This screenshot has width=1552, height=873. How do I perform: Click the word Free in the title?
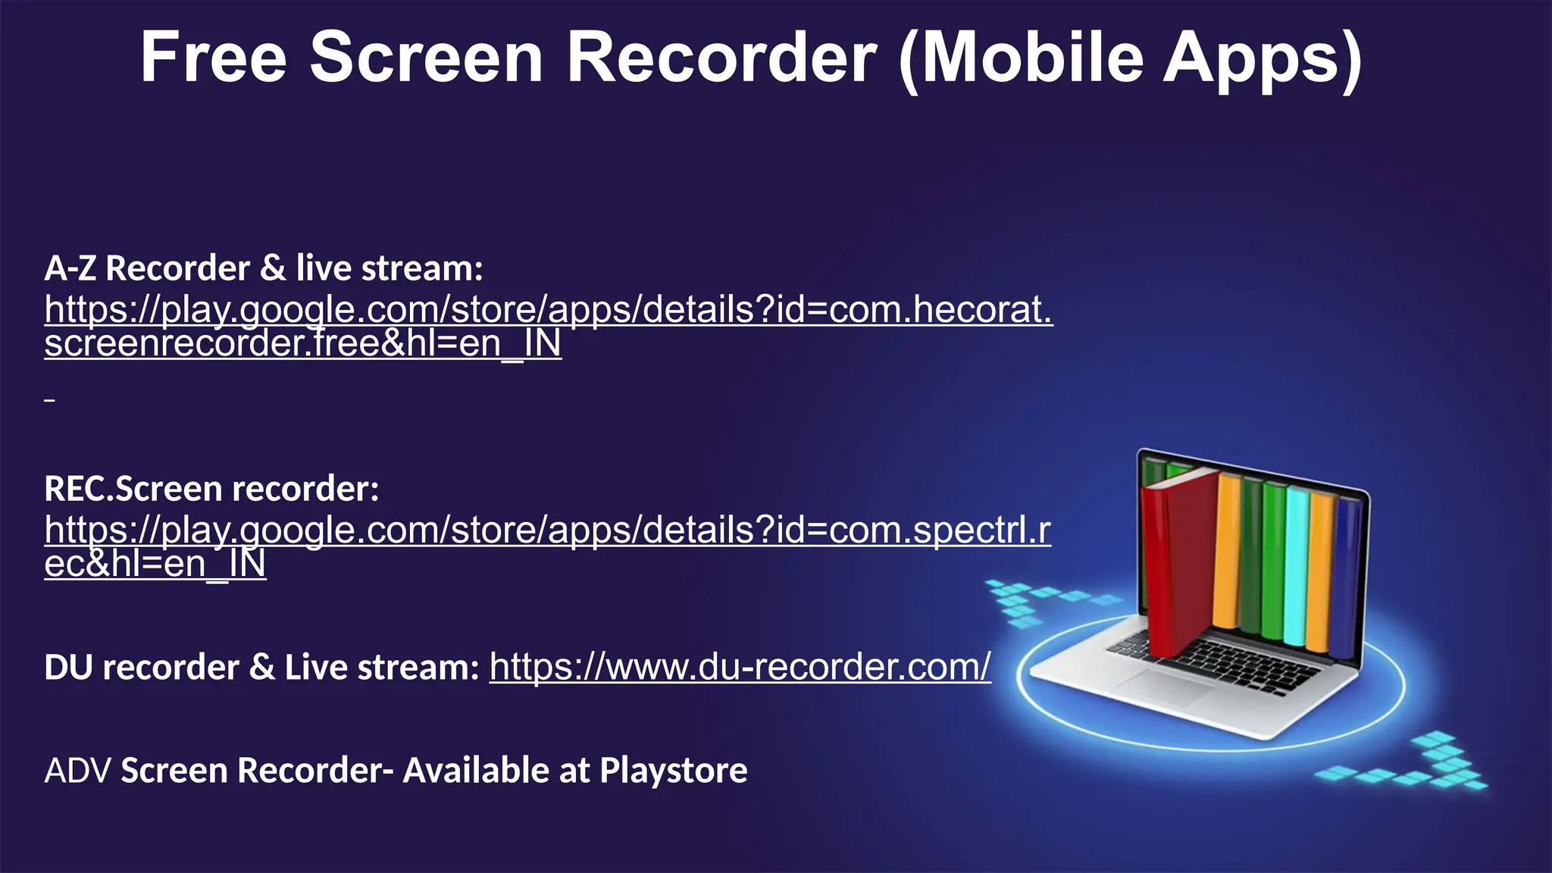pos(213,58)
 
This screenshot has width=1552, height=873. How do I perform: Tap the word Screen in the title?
pos(427,58)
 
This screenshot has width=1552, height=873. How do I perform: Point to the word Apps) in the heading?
pos(1263,58)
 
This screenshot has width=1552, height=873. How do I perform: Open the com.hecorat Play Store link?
pos(548,311)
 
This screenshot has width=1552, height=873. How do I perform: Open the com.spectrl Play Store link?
pos(547,530)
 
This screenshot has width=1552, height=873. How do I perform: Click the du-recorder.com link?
pos(740,667)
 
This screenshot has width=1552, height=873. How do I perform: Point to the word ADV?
pos(77,771)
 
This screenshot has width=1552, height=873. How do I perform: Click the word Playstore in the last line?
pos(673,771)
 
